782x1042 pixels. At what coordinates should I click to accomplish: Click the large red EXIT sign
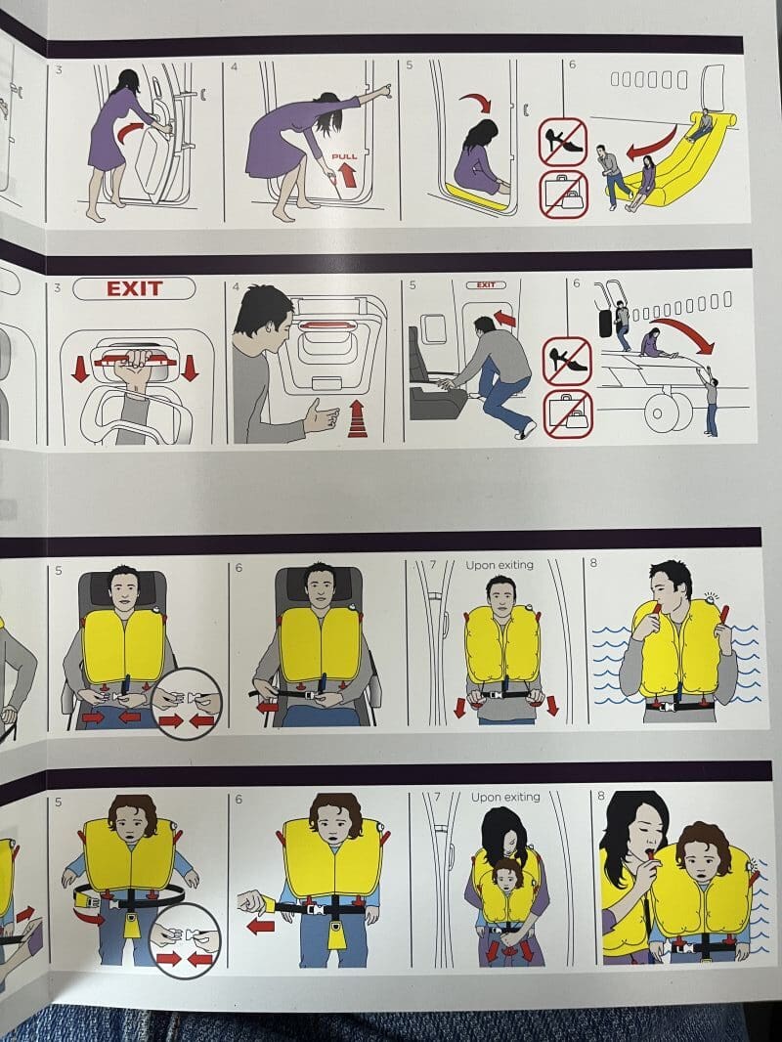134,288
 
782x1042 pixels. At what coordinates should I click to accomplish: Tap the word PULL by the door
345,156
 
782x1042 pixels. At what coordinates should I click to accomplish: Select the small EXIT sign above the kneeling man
486,285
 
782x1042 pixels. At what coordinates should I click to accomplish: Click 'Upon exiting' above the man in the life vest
499,565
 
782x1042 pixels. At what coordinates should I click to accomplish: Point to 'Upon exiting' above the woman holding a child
505,797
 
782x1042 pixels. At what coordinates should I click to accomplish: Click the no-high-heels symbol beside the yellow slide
563,142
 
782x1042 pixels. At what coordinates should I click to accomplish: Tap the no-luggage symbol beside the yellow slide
563,195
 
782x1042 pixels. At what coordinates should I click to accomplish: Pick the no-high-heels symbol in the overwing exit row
567,361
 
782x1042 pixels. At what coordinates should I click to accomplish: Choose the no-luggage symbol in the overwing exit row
567,413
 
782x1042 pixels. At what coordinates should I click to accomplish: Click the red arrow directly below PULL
346,175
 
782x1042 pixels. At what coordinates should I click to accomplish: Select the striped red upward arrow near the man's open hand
358,418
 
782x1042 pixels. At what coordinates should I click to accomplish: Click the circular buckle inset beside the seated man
186,704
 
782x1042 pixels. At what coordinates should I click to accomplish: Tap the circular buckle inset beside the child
186,940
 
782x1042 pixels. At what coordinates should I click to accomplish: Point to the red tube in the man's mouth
657,610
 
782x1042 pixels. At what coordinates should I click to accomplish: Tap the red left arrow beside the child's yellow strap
261,925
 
